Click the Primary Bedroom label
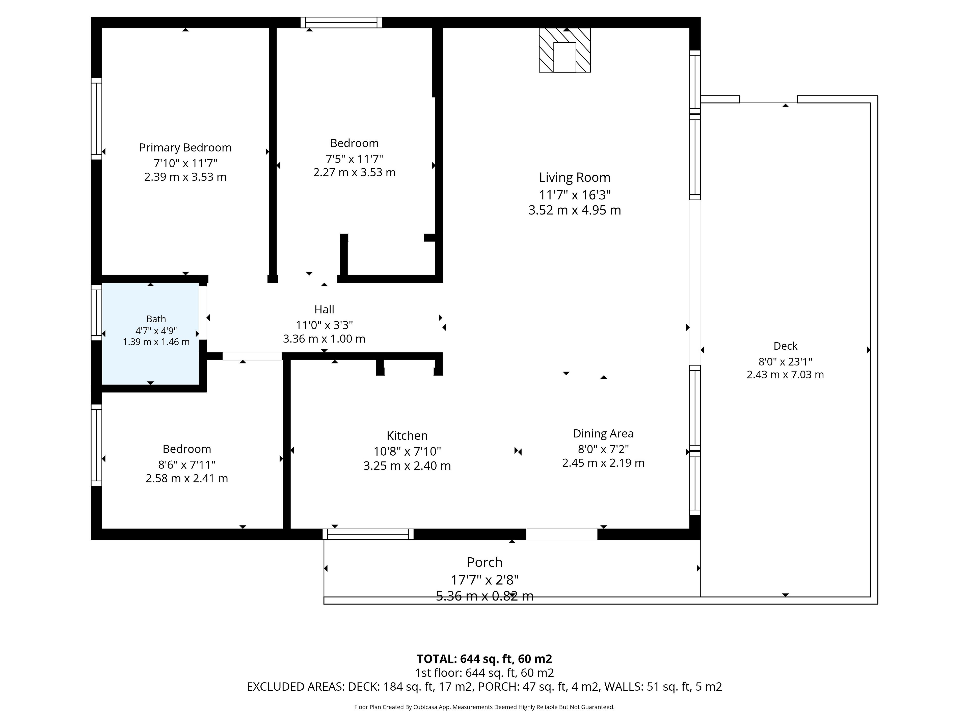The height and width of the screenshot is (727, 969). (185, 148)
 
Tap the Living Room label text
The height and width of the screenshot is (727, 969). (574, 177)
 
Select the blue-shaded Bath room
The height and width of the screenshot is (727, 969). (150, 334)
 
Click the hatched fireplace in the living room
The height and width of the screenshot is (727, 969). (565, 50)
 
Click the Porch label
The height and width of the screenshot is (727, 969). (484, 562)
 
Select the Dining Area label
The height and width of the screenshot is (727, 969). (603, 434)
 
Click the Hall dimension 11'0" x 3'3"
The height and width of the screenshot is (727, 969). (324, 325)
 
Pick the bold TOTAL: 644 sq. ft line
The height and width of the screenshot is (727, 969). (484, 659)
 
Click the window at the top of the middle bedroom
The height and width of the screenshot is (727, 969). (341, 22)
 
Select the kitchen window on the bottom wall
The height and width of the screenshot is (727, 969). (368, 534)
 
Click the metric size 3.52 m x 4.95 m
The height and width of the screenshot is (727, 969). (574, 210)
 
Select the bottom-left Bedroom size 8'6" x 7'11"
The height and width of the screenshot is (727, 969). (187, 464)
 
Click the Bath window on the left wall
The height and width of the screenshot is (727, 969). (96, 313)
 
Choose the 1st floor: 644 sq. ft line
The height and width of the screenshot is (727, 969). (484, 673)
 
